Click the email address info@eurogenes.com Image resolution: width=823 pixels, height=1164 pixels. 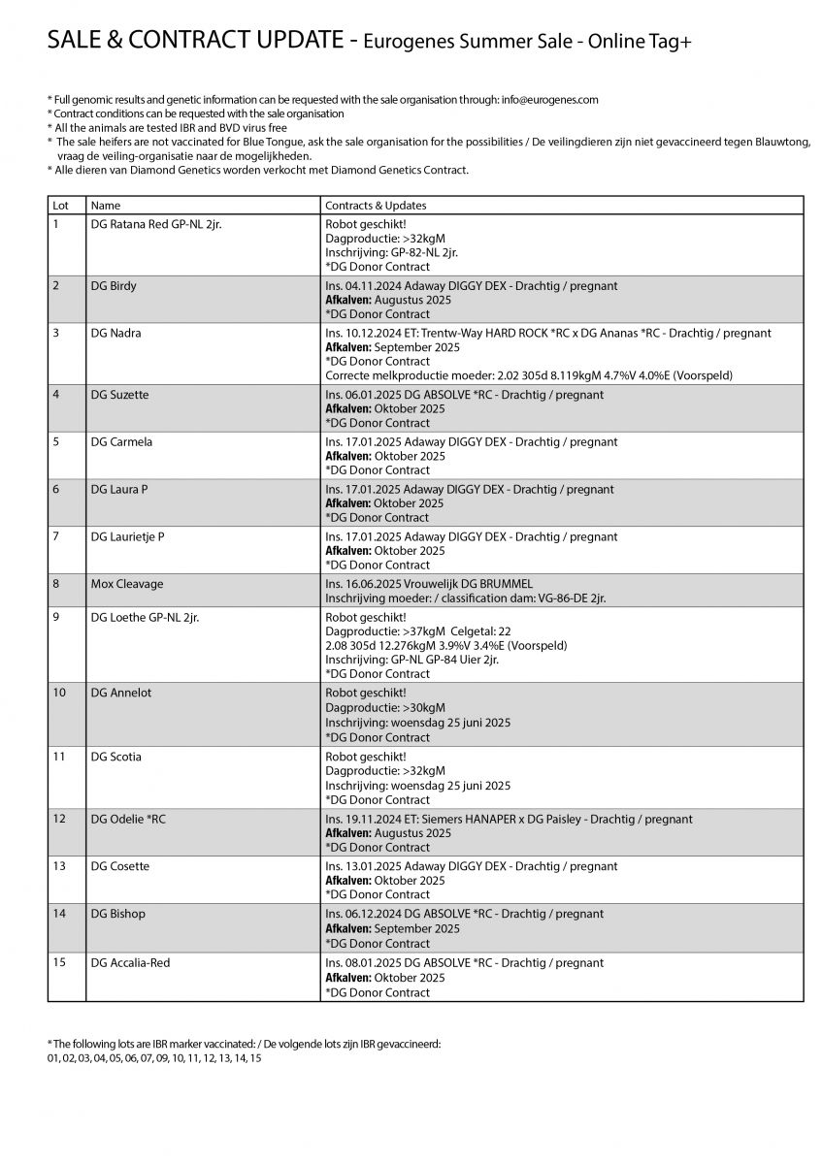tap(549, 99)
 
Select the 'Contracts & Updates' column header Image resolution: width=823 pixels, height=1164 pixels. tap(376, 206)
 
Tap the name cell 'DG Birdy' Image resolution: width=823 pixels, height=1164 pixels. tap(114, 286)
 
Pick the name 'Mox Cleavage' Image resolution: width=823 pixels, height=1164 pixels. tap(127, 584)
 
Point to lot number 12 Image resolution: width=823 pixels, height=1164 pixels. tap(59, 819)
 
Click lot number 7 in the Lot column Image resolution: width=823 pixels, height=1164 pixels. tap(56, 536)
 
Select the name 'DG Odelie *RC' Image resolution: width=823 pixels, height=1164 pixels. tap(128, 819)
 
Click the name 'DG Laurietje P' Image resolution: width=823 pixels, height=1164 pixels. tap(127, 536)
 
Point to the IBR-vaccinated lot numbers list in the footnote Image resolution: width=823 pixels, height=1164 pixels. tap(154, 1058)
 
